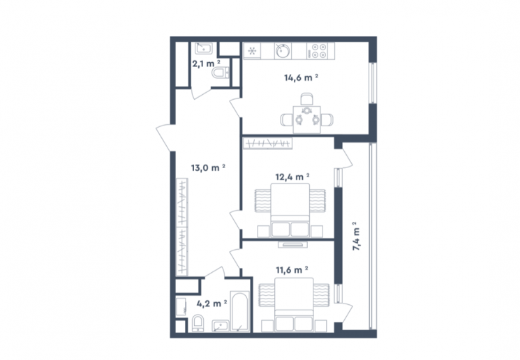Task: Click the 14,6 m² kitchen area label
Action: [x=301, y=77]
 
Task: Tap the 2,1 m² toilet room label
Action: [x=206, y=63]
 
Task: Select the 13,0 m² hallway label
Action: [x=208, y=167]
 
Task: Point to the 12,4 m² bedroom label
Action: [x=292, y=177]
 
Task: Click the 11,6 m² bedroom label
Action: [x=292, y=270]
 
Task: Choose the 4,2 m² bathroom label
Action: [x=211, y=303]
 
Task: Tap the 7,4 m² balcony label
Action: [x=357, y=236]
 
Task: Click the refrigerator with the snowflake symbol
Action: [x=252, y=51]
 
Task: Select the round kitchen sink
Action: [x=282, y=51]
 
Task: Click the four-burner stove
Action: [x=320, y=51]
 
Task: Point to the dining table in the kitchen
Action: [x=307, y=119]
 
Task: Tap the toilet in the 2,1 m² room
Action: [x=220, y=73]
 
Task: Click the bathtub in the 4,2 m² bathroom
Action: [x=240, y=311]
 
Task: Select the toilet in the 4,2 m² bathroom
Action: [x=198, y=323]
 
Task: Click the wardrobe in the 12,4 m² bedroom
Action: [x=267, y=143]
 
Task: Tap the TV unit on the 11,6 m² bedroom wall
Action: [x=292, y=245]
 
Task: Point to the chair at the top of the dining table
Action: [x=306, y=100]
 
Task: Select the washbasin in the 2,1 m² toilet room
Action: [x=203, y=48]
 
